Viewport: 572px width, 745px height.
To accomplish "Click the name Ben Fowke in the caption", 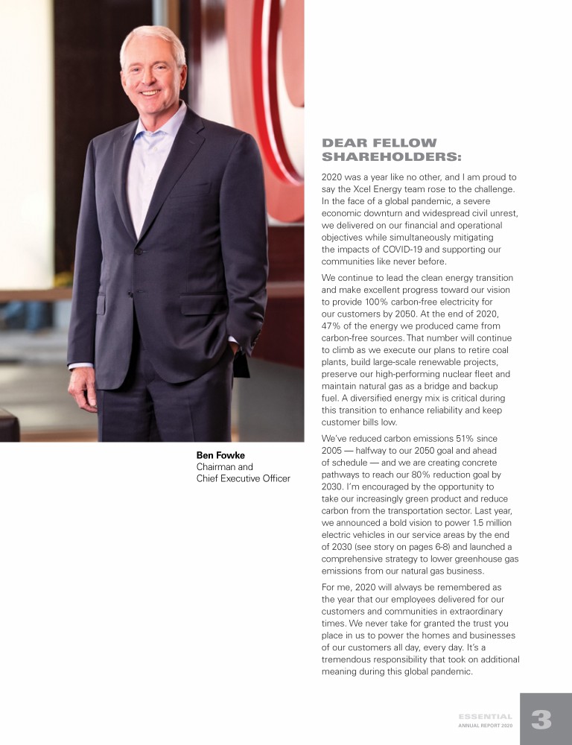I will pos(221,454).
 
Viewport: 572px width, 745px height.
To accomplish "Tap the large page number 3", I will pos(541,720).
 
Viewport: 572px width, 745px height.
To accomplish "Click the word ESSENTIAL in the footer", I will pos(485,716).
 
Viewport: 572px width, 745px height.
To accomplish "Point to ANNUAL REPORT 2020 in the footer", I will pos(485,725).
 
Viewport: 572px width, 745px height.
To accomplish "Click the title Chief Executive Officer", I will pos(243,478).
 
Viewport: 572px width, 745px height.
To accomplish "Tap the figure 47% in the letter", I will pos(332,326).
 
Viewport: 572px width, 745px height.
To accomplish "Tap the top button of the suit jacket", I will pos(139,252).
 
